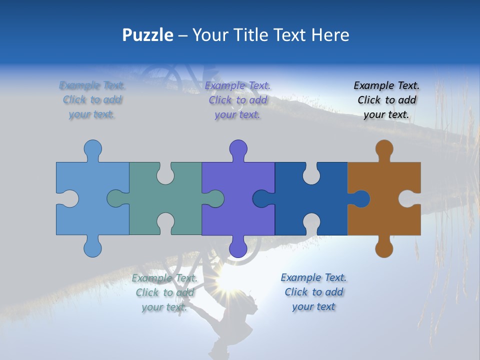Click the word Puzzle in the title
coord(148,35)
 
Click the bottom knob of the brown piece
coord(384,248)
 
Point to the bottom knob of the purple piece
coord(238,248)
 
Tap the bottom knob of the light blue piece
coord(92,248)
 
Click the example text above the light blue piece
coord(92,99)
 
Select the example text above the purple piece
coord(237,100)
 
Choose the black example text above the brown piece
coord(386,100)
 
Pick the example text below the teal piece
coord(164,292)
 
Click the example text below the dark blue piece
coord(313,291)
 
